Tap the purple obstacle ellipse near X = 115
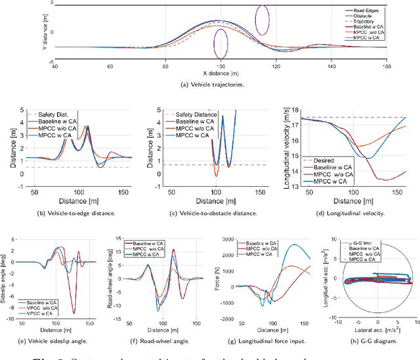262,20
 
